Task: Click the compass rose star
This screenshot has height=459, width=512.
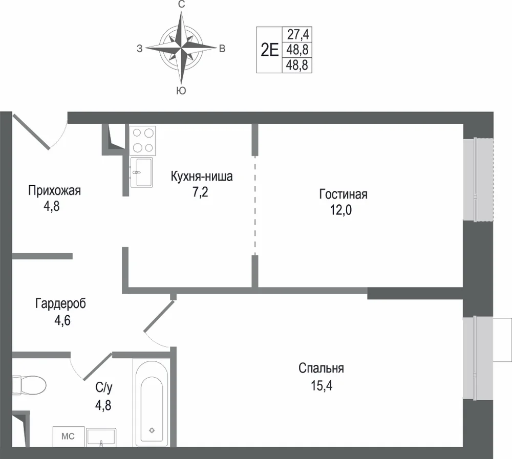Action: [x=181, y=48]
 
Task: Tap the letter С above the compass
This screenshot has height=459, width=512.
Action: [x=182, y=4]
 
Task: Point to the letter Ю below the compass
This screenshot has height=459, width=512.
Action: [x=181, y=91]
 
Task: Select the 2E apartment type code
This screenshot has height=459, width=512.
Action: [x=269, y=50]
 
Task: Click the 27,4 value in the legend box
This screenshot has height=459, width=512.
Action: [x=298, y=34]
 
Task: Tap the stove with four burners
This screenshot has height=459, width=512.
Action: [x=143, y=140]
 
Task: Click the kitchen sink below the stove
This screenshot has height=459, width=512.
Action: [x=141, y=172]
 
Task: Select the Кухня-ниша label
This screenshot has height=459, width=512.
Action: [x=201, y=177]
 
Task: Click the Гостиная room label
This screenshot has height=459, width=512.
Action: [x=343, y=194]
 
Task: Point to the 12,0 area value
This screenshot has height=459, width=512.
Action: [x=341, y=210]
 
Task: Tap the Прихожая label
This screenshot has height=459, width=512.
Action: [x=54, y=190]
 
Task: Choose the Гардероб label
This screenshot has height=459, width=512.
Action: [x=60, y=303]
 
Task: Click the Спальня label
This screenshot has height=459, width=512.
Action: [x=321, y=368]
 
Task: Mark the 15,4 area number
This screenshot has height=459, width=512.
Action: [x=322, y=385]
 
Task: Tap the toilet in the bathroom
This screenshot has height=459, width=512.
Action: [x=29, y=385]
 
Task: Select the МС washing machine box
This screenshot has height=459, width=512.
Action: [x=69, y=436]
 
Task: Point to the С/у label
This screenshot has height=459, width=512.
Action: [x=104, y=387]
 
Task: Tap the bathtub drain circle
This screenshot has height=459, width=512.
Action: [x=152, y=430]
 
